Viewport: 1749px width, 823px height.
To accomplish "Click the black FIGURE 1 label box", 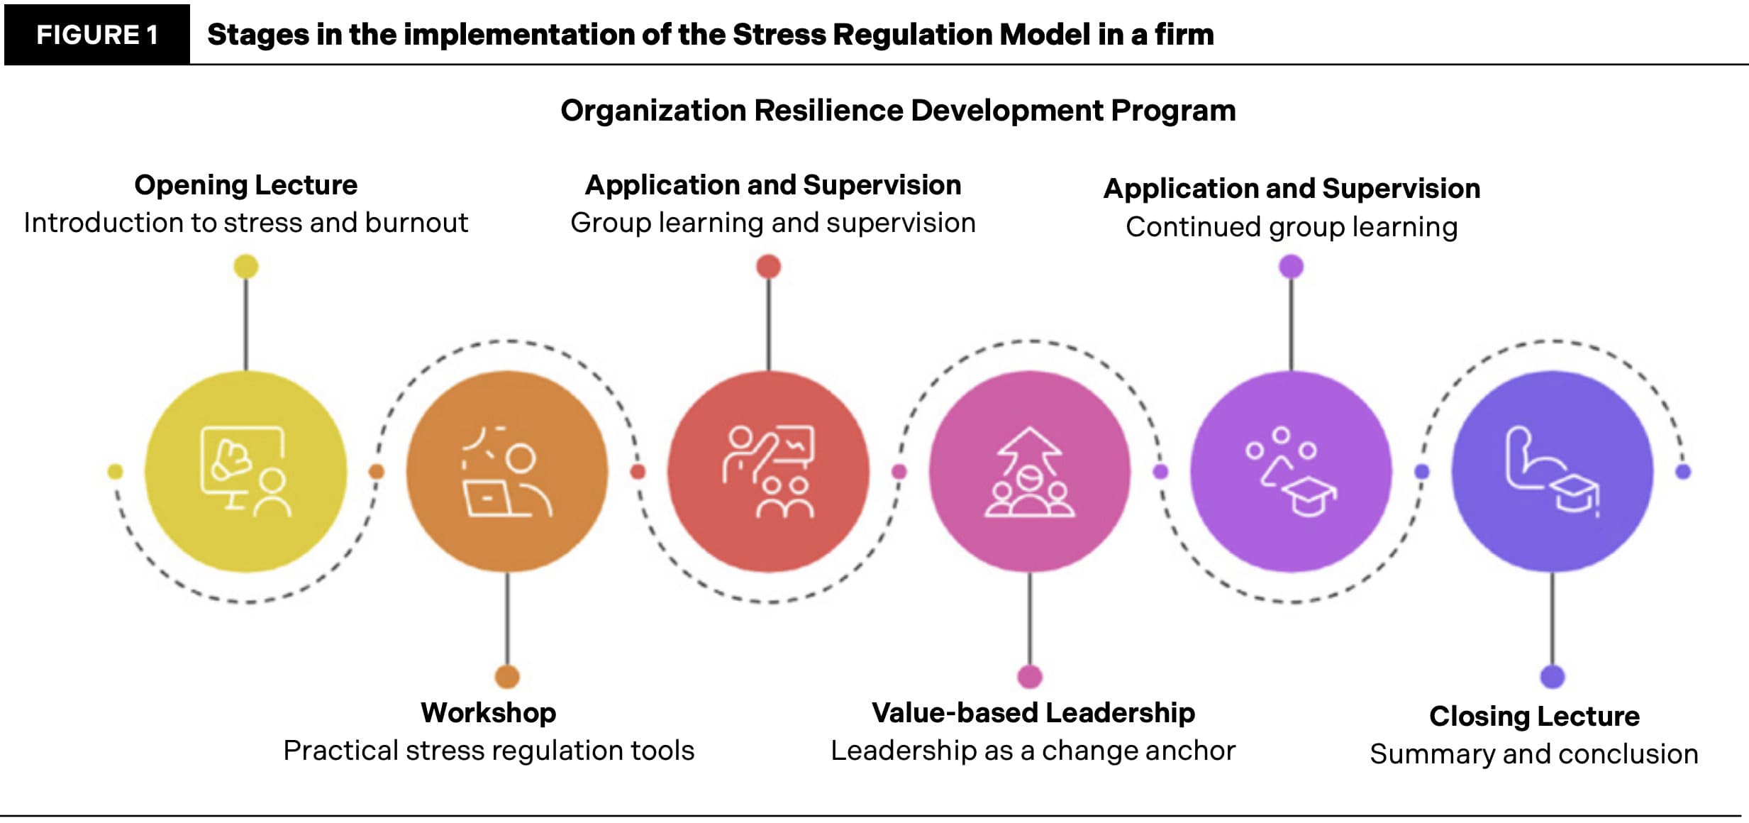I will (x=97, y=35).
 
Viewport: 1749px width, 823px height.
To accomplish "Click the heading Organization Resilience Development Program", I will (x=898, y=111).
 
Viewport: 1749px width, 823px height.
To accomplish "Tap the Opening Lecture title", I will (x=245, y=185).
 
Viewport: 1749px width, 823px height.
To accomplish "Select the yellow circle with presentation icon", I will (x=245, y=472).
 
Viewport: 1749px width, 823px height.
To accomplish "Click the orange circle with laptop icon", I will (x=506, y=472).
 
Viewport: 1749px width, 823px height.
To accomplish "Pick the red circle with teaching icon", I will (x=768, y=472).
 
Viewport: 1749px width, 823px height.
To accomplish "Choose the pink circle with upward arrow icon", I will (x=1029, y=472).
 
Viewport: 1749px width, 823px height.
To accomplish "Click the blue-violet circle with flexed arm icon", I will (x=1552, y=472).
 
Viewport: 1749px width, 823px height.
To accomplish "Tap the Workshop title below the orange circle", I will (x=488, y=712).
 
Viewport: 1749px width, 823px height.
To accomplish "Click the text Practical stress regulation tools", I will (x=488, y=751).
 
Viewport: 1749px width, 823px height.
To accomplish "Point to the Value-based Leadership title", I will (x=1033, y=712).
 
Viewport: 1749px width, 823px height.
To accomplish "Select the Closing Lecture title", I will (x=1534, y=716).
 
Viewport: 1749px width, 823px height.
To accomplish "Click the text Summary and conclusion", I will (x=1534, y=754).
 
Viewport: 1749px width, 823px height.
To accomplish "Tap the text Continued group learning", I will (x=1292, y=227).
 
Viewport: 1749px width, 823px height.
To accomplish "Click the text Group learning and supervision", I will (x=773, y=223).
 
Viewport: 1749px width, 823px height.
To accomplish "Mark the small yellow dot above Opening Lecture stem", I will (x=246, y=267).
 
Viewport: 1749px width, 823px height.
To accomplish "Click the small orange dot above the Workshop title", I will (x=507, y=676).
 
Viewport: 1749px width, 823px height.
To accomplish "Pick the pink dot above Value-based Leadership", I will (x=1030, y=676).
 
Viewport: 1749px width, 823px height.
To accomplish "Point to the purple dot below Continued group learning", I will (x=1291, y=267).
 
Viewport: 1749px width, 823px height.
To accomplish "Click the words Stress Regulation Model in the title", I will (x=911, y=35).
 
